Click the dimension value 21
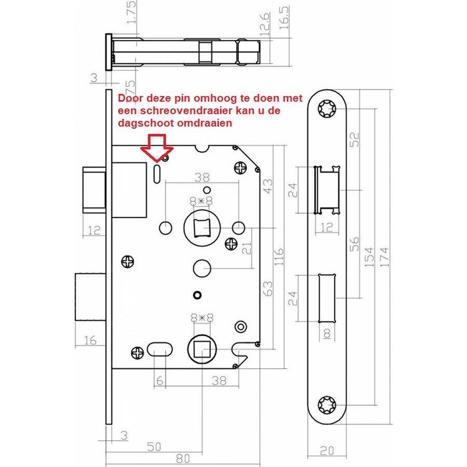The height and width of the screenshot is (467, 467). click(x=246, y=250)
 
